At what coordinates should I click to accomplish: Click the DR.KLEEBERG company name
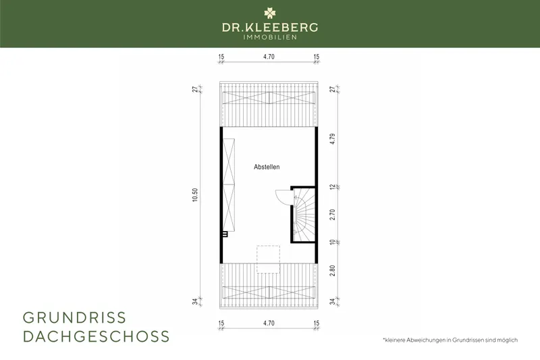click(x=270, y=28)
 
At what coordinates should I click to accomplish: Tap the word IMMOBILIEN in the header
click(x=270, y=38)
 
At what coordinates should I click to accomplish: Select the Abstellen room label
click(x=267, y=167)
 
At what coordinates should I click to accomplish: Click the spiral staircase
click(x=304, y=215)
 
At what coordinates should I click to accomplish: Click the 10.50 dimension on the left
click(x=195, y=196)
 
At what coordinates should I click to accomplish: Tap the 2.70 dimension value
click(x=333, y=214)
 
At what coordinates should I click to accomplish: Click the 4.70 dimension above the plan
click(x=269, y=58)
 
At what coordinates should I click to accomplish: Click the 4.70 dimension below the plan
click(x=269, y=324)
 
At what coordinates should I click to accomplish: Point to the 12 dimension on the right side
click(x=333, y=187)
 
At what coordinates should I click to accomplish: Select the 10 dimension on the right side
click(x=333, y=242)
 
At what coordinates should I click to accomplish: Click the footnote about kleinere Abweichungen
click(x=449, y=339)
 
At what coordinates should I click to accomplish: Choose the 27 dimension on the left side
click(x=195, y=90)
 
